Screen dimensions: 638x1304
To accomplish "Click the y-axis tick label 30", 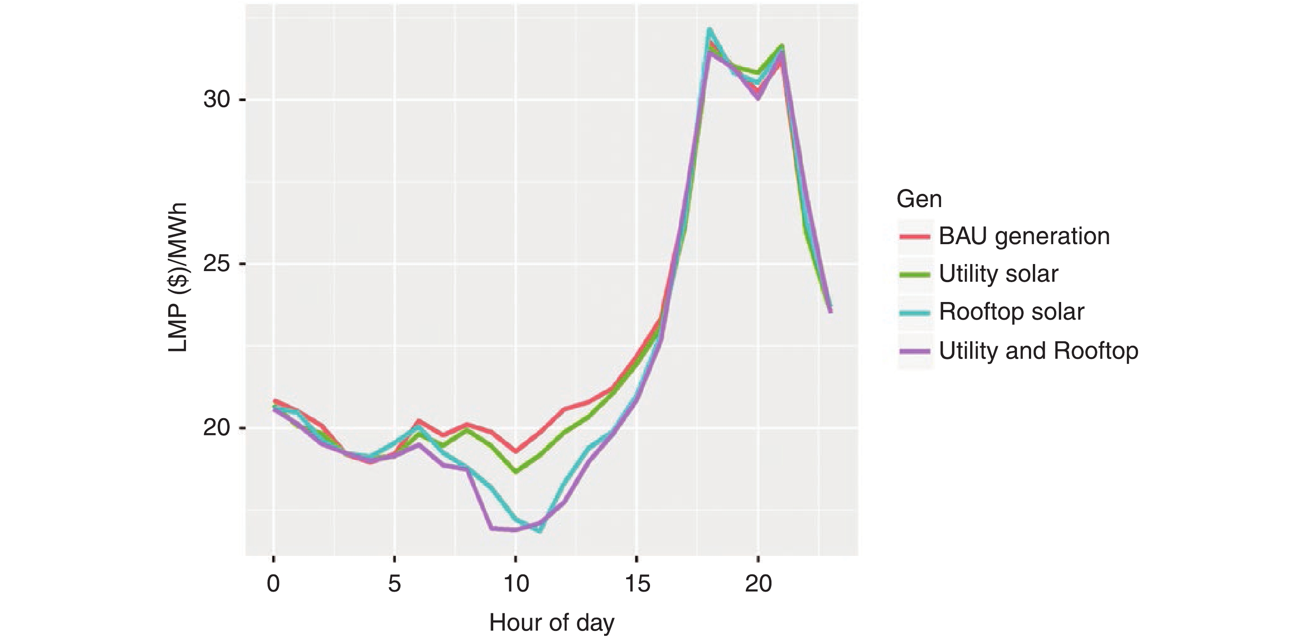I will pos(217,100).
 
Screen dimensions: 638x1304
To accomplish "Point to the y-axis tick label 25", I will pos(217,264).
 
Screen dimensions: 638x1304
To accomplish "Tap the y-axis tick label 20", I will pos(217,428).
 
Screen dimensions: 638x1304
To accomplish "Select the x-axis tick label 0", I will pos(273,584).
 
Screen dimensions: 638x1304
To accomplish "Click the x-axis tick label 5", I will pos(394,584).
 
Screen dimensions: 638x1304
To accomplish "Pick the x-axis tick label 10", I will pos(516,584).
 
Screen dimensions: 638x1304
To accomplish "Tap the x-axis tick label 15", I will pos(637,584).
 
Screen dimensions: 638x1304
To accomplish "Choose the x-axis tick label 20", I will pos(758,584).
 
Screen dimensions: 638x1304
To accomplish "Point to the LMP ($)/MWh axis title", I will pos(178,277).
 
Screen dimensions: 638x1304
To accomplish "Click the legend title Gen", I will pos(919,199).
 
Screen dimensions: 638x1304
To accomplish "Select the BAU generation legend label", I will pos(1024,236).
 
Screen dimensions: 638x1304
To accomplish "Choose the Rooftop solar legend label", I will pos(1011,312).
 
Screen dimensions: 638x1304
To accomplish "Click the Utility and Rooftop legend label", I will pos(1038,350).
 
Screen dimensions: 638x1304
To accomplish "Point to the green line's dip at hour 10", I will pos(516,472).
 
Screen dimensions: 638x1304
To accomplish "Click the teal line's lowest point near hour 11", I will pos(540,531).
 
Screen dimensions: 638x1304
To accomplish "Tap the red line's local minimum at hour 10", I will pos(516,451).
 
